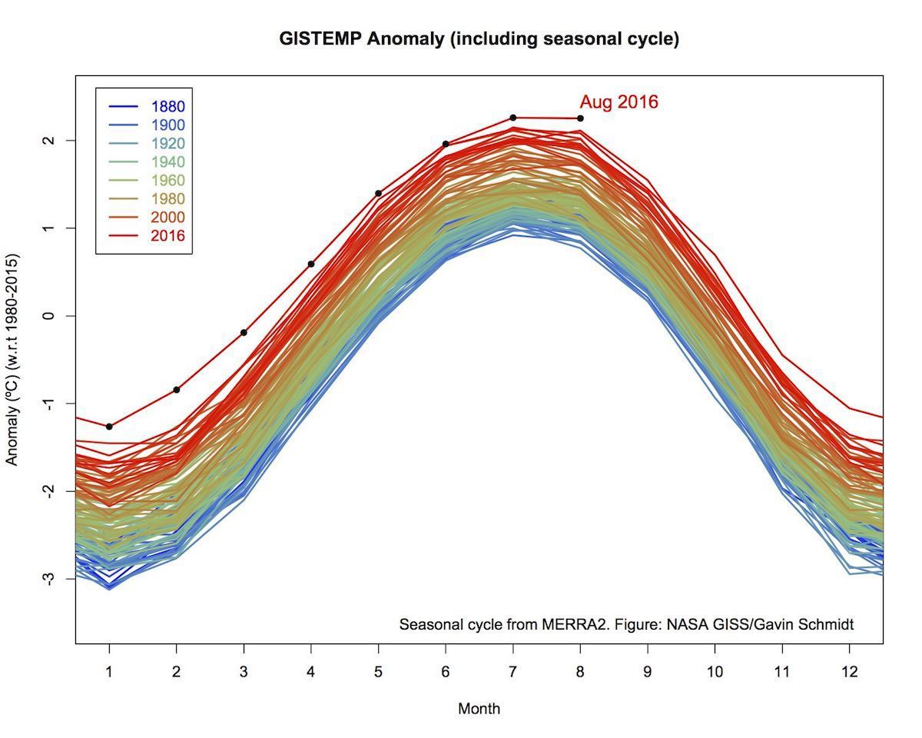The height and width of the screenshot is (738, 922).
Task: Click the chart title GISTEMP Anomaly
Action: pyautogui.click(x=479, y=39)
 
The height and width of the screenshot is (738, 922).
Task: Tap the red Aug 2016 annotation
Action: pyautogui.click(x=619, y=101)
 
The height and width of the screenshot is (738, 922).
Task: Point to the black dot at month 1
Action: pyautogui.click(x=109, y=426)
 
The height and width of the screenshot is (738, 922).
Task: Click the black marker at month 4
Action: pyautogui.click(x=311, y=264)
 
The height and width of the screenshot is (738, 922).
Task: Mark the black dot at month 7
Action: pyautogui.click(x=512, y=118)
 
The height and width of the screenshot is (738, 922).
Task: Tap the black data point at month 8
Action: pyautogui.click(x=580, y=118)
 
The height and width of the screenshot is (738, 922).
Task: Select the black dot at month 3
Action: pyautogui.click(x=244, y=332)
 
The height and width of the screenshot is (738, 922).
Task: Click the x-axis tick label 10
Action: pyautogui.click(x=715, y=671)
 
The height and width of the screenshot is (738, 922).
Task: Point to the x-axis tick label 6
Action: pyautogui.click(x=446, y=671)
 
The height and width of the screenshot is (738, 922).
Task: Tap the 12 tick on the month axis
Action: pyautogui.click(x=849, y=671)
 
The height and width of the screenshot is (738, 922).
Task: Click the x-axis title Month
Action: pyautogui.click(x=479, y=709)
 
